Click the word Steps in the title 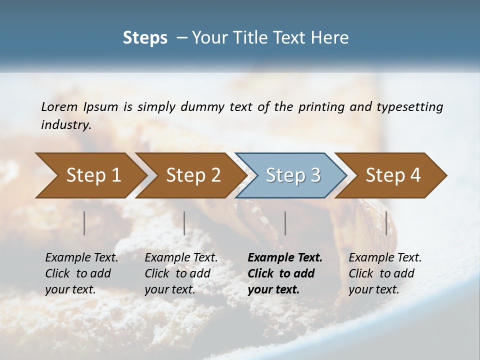[145, 38]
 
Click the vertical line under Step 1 [84, 223]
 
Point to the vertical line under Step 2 [184, 223]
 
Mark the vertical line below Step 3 [285, 223]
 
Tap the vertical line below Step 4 [386, 223]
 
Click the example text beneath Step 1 [81, 273]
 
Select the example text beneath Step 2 [181, 273]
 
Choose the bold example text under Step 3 [285, 273]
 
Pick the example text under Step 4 [385, 273]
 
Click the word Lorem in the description [59, 107]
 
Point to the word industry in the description [66, 125]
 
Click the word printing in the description [321, 107]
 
